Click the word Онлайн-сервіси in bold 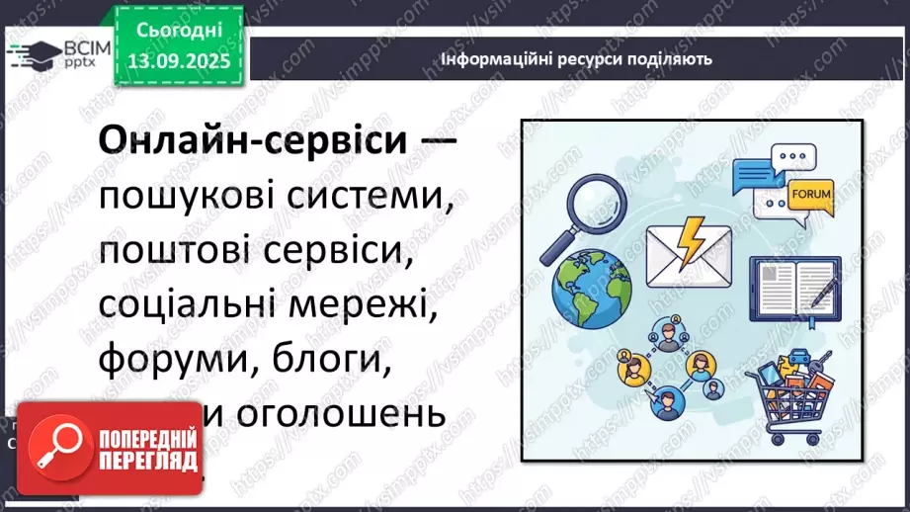point(252,142)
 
